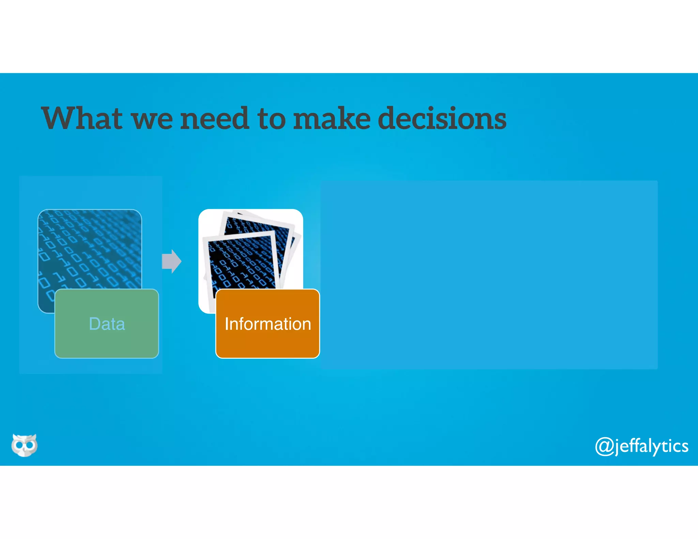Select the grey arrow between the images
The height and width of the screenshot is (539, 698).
pos(171,261)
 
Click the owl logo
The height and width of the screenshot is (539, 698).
pos(24,445)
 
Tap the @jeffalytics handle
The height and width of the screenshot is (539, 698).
pos(642,446)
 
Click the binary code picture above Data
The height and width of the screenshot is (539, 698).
pos(90,249)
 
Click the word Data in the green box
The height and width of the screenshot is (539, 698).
pos(107,324)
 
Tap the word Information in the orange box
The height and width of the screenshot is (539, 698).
pos(268,324)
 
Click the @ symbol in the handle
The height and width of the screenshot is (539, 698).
pos(605,446)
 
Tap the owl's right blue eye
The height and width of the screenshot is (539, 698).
pos(30,445)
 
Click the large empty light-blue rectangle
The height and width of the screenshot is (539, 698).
pos(489,275)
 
